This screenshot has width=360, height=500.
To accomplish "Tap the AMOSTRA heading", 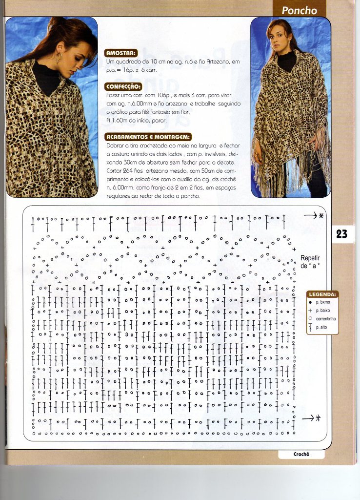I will click(121, 53).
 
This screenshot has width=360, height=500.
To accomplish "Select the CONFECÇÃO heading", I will click(124, 87).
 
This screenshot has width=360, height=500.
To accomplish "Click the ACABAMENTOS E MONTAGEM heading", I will click(148, 137).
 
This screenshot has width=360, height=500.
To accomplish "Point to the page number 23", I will click(341, 234).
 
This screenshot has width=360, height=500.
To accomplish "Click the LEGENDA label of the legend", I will click(322, 294).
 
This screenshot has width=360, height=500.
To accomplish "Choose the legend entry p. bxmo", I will click(323, 303).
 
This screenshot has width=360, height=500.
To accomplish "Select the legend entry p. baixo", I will click(324, 311).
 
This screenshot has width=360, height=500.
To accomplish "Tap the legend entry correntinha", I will click(326, 319).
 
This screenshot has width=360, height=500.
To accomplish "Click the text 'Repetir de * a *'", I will click(310, 262).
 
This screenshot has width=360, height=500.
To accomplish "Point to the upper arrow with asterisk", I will click(313, 215).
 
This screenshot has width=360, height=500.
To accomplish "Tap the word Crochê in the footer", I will click(301, 454).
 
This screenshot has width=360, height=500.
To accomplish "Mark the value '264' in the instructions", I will click(126, 171).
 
